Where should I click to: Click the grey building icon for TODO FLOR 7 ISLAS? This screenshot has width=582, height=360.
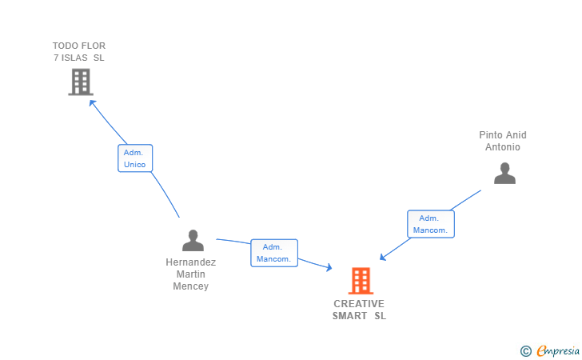(81, 82)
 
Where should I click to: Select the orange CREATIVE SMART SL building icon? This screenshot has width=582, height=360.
(361, 281)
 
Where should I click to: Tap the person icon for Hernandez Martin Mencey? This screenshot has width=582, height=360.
(193, 240)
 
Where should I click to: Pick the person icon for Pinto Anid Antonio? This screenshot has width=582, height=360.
(504, 173)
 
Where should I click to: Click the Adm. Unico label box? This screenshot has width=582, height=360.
(135, 158)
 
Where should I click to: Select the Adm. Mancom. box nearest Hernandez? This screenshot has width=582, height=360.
(274, 253)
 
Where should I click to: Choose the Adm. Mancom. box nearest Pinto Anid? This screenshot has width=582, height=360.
(430, 224)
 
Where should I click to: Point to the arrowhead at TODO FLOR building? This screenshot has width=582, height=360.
(93, 103)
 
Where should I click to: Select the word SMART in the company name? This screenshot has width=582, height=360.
(349, 316)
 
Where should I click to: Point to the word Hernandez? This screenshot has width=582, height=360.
(191, 262)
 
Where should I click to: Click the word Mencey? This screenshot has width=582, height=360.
(191, 286)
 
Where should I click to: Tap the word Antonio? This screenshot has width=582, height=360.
(503, 147)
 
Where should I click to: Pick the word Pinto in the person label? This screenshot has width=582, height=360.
(492, 135)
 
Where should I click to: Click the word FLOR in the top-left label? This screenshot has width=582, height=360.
(93, 46)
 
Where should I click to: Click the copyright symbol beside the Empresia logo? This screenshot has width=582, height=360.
(525, 350)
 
